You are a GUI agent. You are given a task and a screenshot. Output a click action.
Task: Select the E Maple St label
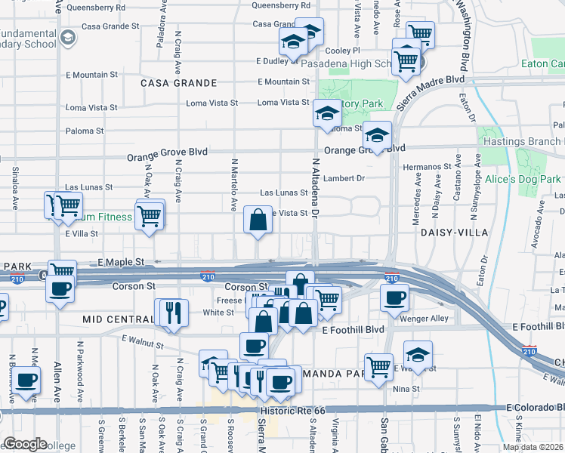pos(121,261)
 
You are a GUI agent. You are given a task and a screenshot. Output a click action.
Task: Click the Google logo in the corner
pos(25,444)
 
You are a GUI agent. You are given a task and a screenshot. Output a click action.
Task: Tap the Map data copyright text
pos(533,447)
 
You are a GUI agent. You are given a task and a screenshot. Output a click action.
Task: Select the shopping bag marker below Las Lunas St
pos(258,221)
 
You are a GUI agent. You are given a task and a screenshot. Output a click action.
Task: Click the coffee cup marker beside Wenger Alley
pos(394,298)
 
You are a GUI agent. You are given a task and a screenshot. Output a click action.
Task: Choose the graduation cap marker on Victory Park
pos(327,114)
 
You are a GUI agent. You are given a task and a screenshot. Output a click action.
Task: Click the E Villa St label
pos(82,234)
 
